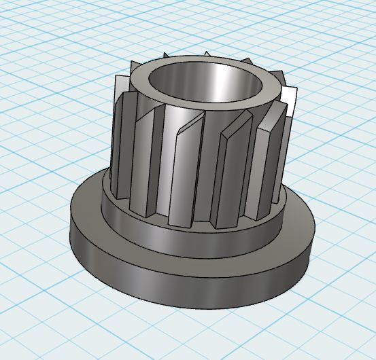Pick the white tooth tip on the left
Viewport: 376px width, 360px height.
point(120,86)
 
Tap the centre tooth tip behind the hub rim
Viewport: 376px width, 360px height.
point(207,54)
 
